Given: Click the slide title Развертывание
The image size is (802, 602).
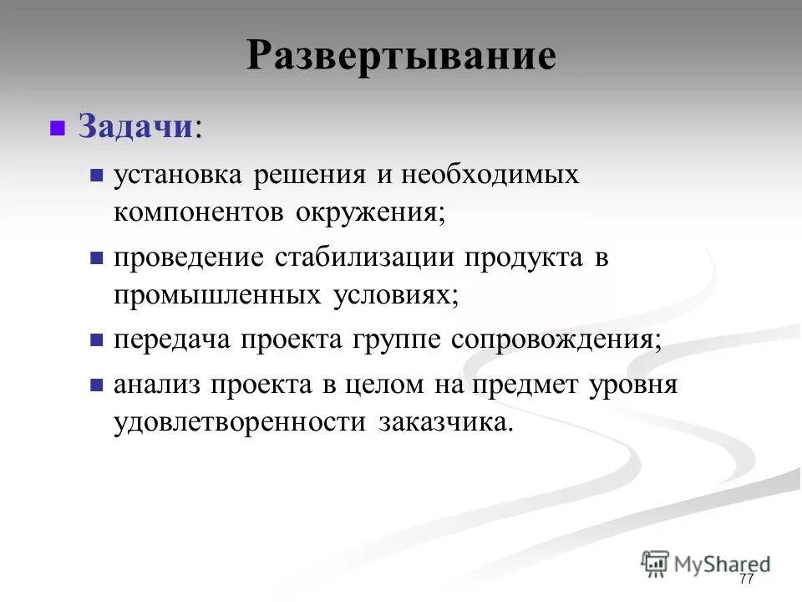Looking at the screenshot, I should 401,56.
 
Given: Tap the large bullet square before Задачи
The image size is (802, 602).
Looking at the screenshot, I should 58,129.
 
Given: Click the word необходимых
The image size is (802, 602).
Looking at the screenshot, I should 490,175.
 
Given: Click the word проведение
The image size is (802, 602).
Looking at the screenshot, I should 188,258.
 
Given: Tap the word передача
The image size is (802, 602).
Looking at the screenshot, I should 171,340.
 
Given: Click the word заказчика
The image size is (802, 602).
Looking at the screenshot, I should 444,421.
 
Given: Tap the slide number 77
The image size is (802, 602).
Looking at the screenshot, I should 746,579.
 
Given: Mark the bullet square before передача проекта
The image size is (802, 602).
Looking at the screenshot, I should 97,341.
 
